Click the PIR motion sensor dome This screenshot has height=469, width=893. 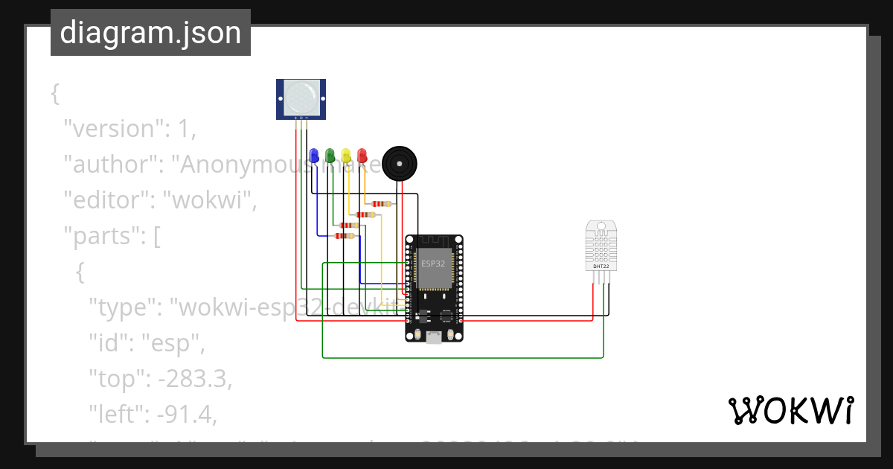pos(301,98)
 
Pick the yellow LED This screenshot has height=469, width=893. pos(346,155)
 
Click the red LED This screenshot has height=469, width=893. pos(362,155)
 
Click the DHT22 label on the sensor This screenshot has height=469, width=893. pos(601,266)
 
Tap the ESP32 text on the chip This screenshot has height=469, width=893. pos(433,264)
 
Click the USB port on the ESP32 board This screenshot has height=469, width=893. pos(433,336)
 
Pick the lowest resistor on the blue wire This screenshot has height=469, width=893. pos(345,236)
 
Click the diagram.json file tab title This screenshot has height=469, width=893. pos(150,33)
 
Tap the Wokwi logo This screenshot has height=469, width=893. pos(790,410)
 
